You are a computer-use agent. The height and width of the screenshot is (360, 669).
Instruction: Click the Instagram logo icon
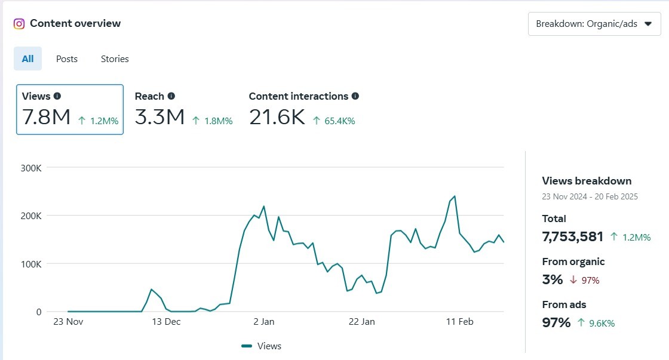point(19,24)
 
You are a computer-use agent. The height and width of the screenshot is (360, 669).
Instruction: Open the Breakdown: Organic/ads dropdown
point(594,24)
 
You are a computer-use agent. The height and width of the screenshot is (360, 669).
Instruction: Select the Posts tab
point(67,59)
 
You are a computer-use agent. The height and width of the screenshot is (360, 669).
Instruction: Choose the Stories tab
point(115,59)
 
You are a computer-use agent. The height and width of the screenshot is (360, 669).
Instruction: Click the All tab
point(28,59)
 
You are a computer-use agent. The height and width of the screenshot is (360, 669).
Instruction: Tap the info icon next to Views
point(57,96)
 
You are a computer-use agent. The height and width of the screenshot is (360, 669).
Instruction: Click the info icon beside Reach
point(171,96)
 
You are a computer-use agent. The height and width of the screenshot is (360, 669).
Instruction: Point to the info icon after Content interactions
point(355,96)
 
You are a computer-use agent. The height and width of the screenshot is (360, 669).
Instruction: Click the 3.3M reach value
point(159,117)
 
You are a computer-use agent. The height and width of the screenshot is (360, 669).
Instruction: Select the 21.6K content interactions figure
point(277,117)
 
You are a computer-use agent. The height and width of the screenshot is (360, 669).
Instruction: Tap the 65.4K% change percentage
point(339,121)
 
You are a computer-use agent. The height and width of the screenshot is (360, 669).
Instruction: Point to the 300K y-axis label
point(30,168)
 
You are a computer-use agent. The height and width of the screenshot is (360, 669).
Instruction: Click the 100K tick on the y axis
point(30,264)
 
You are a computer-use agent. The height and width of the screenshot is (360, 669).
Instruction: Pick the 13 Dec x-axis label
point(166,322)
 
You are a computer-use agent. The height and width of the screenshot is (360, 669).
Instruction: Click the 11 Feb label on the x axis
point(460,322)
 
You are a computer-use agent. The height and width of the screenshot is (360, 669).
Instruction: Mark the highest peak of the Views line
point(455,196)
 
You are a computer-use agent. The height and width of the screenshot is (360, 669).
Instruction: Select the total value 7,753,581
point(572,236)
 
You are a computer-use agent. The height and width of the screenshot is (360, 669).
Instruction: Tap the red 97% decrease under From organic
point(585,280)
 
